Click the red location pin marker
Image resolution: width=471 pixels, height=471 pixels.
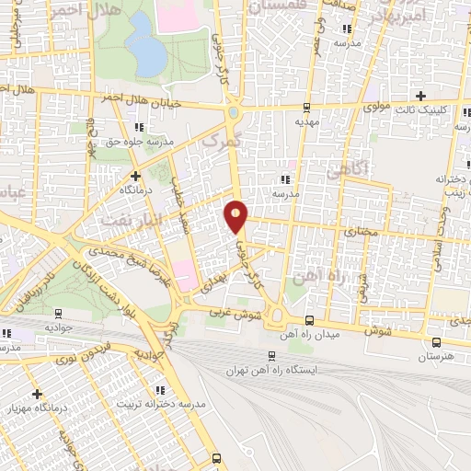pyautogui.click(x=236, y=215)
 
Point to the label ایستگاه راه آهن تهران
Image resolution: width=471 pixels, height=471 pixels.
pyautogui.click(x=271, y=371)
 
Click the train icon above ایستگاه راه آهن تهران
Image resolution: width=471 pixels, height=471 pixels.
pyautogui.click(x=271, y=356)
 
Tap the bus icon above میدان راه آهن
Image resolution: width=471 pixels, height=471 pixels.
pyautogui.click(x=309, y=322)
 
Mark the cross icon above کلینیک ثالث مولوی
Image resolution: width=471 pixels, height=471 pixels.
pyautogui.click(x=421, y=96)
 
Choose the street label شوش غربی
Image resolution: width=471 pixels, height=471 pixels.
pyautogui.click(x=261, y=315)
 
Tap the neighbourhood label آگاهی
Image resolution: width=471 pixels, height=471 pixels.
pyautogui.click(x=348, y=168)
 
